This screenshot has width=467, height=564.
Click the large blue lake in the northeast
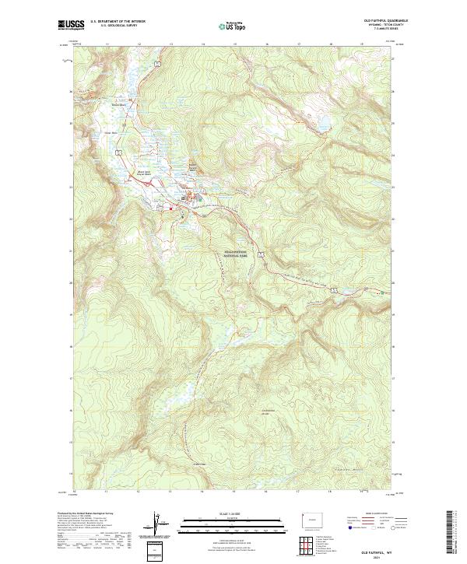pos(319,123)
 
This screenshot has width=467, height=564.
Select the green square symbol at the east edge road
pos(381,293)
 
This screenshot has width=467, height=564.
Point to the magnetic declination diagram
pos(160,525)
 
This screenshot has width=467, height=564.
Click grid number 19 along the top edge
pos(363,44)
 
